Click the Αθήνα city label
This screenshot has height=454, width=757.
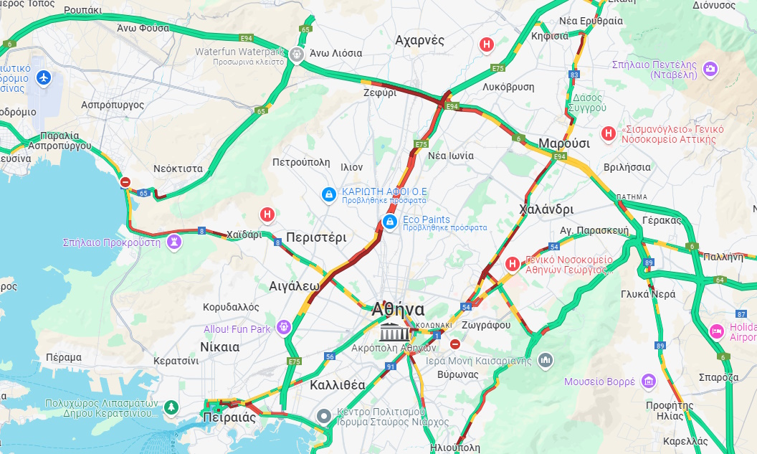pyautogui.click(x=398, y=310)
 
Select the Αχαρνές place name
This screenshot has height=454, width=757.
pyautogui.click(x=419, y=40)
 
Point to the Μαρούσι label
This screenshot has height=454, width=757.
pyautogui.click(x=564, y=143)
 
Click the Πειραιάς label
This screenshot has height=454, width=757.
pyautogui.click(x=229, y=417)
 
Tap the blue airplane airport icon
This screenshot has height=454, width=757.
pyautogui.click(x=44, y=76)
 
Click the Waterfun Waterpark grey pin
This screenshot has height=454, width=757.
pyautogui.click(x=298, y=54)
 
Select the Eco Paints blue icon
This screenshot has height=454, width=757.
pyautogui.click(x=389, y=222)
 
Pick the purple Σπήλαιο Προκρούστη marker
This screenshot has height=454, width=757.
pyautogui.click(x=173, y=242)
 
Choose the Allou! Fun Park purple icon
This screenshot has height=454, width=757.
pyautogui.click(x=284, y=327)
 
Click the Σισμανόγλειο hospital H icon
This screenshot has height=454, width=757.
pyautogui.click(x=608, y=133)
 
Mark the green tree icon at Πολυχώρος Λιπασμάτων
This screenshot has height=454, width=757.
pyautogui.click(x=171, y=407)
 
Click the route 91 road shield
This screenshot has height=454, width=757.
pyautogui.click(x=391, y=366)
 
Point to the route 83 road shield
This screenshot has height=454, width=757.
pyautogui.click(x=574, y=74)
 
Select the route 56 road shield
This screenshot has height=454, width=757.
pyautogui.click(x=330, y=356)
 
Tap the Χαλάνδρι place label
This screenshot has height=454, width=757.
pyautogui.click(x=546, y=209)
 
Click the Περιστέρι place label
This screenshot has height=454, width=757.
pyautogui.click(x=316, y=237)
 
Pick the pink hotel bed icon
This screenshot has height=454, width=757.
pyautogui.click(x=715, y=331)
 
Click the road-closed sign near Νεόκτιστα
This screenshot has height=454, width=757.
pyautogui.click(x=125, y=182)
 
